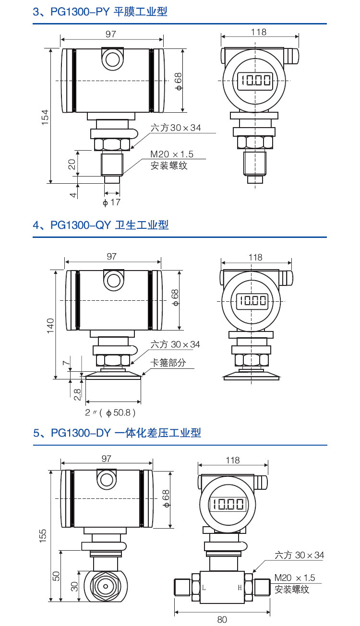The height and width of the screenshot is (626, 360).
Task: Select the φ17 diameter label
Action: (111, 202)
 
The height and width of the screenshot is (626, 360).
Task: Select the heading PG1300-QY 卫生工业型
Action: (101, 225)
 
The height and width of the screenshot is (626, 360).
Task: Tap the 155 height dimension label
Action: (44, 535)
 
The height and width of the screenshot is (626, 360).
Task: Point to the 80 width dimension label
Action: (222, 619)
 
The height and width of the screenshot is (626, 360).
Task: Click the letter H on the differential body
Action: (240, 587)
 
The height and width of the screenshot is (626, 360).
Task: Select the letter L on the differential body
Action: (204, 587)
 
